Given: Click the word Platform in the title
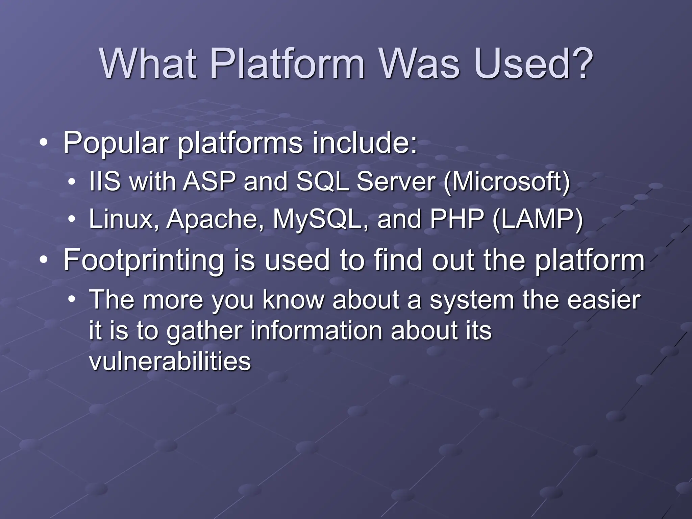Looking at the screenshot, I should (287, 64).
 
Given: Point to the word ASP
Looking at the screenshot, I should (209, 182).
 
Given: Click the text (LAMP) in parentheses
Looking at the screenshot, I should (538, 220).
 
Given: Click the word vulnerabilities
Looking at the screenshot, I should (170, 361).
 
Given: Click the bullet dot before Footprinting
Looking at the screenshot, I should (43, 260).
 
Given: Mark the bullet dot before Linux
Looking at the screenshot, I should (71, 219).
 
